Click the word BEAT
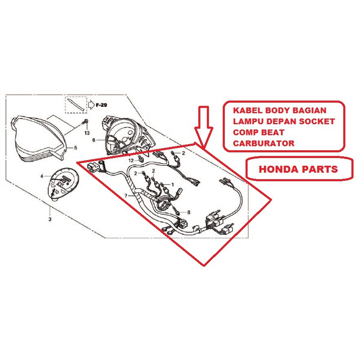[275, 133]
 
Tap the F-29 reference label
[101, 105]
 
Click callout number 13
[87, 133]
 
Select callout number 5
[75, 147]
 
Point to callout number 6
[93, 140]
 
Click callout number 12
[131, 161]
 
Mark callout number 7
[126, 196]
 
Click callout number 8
[189, 213]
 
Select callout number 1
[172, 184]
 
